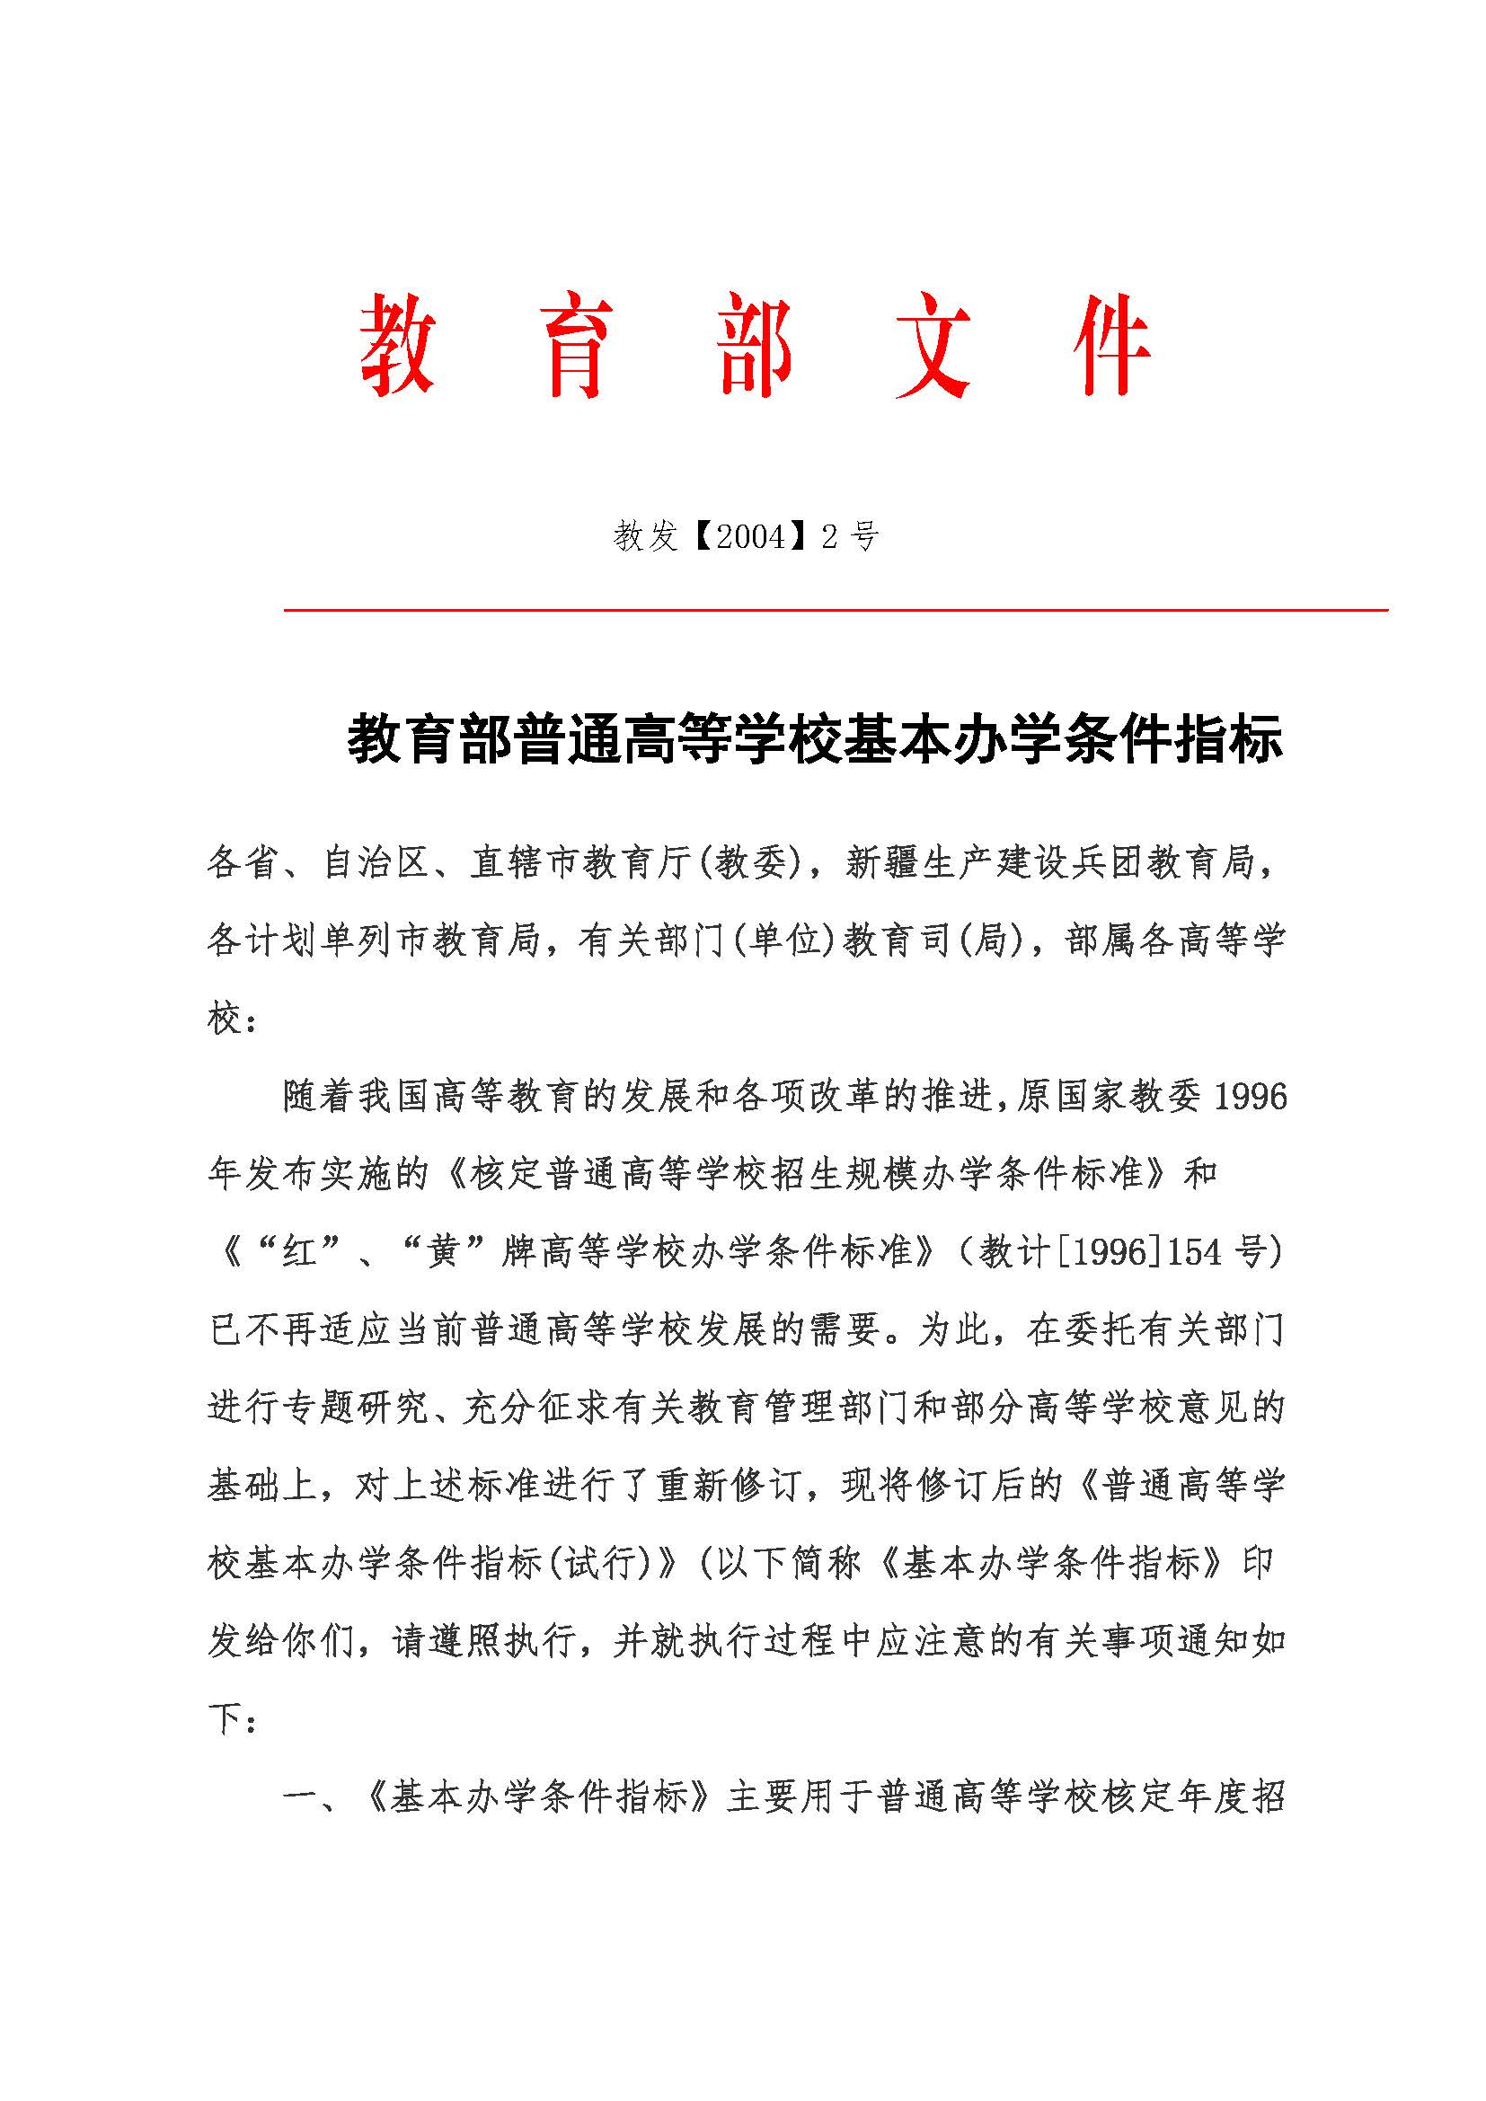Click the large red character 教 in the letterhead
click(396, 346)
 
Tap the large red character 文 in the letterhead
click(933, 346)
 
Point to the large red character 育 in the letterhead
click(576, 346)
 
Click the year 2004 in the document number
click(750, 536)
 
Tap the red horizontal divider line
click(836, 609)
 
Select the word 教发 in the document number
click(644, 536)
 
